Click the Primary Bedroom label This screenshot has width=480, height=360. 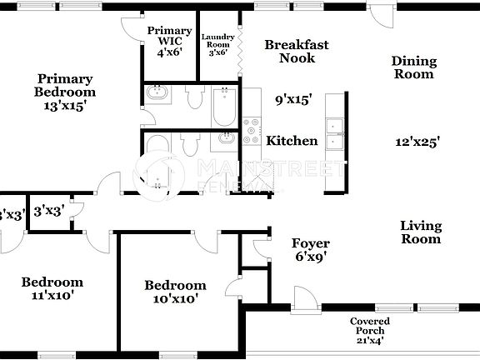point(65,85)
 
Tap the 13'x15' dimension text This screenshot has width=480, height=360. point(65,106)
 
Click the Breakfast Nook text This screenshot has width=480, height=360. point(297,52)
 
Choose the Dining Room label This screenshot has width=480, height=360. point(413,67)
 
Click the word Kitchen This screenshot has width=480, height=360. point(292,141)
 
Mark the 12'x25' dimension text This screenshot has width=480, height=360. point(417,142)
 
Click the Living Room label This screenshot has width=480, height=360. point(420,232)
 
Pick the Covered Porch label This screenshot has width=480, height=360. point(369,330)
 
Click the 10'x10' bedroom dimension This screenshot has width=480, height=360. point(175,298)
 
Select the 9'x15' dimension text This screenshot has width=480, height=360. point(292,99)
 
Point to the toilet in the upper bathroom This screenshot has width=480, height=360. point(195,98)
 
